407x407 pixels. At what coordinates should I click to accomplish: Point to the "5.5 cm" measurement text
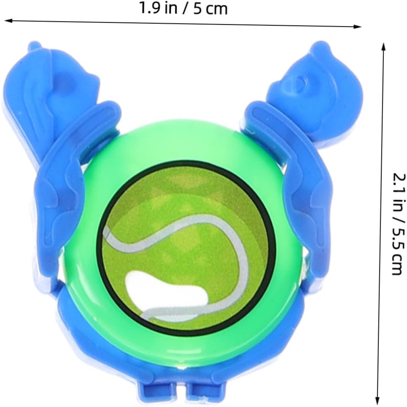point(399,251)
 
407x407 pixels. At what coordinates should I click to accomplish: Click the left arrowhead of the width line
point(8,21)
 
